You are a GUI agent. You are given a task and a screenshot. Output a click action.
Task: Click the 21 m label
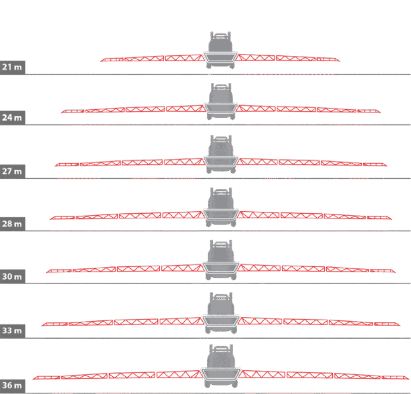tap(12, 67)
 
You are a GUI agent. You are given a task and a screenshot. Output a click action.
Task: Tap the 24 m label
tap(12, 118)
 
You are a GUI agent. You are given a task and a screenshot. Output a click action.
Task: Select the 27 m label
tap(12, 171)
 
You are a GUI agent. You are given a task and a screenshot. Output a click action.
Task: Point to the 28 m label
tap(12, 224)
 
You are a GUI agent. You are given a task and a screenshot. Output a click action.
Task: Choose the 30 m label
tap(12, 276)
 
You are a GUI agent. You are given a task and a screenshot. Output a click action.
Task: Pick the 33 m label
tap(12, 331)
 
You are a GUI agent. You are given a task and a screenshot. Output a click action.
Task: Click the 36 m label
tap(12, 385)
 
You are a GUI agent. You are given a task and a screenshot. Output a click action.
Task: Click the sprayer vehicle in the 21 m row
tap(220, 50)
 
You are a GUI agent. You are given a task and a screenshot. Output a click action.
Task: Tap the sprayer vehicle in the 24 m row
tap(221, 101)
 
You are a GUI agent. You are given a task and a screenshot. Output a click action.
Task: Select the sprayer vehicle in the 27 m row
tap(221, 154)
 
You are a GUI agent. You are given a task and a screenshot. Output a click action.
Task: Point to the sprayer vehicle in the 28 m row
tap(221, 207)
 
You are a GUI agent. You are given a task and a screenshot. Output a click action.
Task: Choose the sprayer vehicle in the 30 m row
tap(221, 260)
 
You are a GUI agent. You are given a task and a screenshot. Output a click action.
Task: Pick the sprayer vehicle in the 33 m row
tap(221, 313)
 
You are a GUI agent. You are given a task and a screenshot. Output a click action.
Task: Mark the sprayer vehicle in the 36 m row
tap(221, 365)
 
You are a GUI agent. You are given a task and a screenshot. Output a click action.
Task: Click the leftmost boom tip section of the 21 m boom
tap(112, 59)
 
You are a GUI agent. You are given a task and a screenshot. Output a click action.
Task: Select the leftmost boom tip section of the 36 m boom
tap(47, 378)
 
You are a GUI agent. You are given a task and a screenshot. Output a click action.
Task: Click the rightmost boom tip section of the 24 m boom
tap(369, 111)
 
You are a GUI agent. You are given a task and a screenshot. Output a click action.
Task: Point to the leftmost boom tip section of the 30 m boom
tap(59, 271)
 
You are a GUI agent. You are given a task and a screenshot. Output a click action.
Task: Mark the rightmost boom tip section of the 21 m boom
tap(328, 59)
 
